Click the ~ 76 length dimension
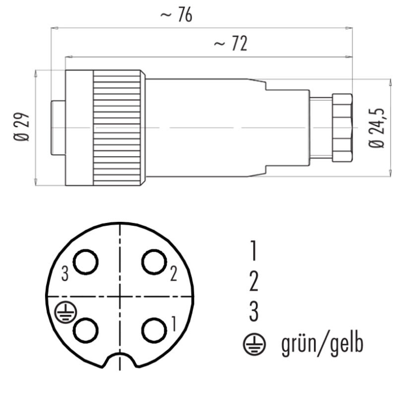tap(177, 15)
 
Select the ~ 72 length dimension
tap(230, 44)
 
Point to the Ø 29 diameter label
tap(21, 127)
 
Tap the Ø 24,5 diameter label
tap(376, 128)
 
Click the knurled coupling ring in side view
tap(117, 128)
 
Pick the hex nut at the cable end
tap(342, 128)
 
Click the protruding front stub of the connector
tap(58, 128)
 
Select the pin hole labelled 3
tap(85, 262)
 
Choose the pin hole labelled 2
tap(154, 262)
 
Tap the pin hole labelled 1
tap(154, 331)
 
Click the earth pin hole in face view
tap(85, 331)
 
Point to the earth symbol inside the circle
tap(66, 313)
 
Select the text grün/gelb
tap(322, 344)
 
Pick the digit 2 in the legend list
tap(254, 281)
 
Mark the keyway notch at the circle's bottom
tap(120, 356)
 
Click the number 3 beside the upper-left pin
tap(65, 274)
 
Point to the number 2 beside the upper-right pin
tap(173, 274)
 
